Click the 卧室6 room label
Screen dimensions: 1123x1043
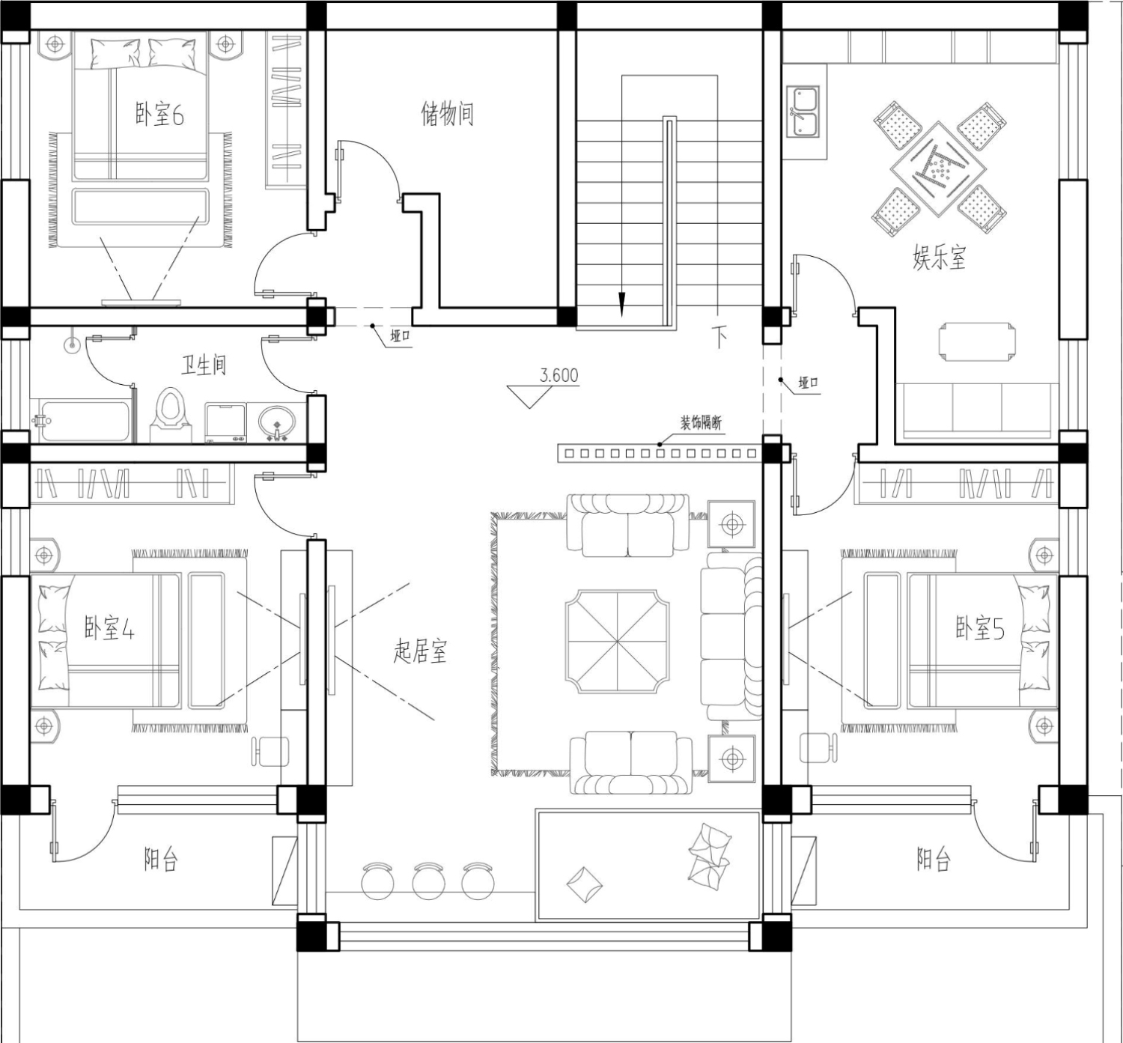(x=159, y=115)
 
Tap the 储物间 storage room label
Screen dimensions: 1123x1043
(x=447, y=114)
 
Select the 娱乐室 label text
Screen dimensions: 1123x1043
(x=940, y=258)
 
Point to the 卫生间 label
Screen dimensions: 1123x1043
(x=204, y=365)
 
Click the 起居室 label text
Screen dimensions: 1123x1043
(x=420, y=651)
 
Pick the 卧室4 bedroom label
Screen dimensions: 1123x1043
(x=110, y=628)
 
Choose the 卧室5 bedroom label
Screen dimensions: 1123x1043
(x=980, y=628)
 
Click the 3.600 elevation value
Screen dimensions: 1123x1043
(x=559, y=376)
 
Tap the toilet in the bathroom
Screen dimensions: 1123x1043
(x=170, y=416)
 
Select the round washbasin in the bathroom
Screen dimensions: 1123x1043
(x=276, y=422)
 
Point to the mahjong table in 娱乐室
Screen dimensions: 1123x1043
(x=939, y=169)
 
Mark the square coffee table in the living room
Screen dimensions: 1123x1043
(x=617, y=642)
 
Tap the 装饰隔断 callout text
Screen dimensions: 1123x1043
(x=701, y=422)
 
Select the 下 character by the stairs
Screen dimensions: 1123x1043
(x=719, y=338)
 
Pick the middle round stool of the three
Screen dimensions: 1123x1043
(x=429, y=881)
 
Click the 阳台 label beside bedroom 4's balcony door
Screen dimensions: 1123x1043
(x=161, y=860)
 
